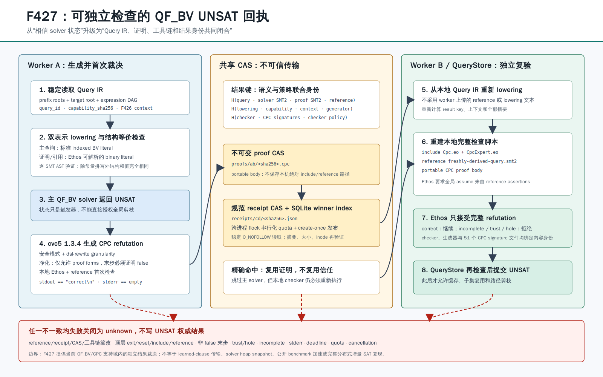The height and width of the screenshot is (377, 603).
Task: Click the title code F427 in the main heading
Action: [x=42, y=16]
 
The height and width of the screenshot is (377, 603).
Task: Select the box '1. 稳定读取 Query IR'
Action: [x=110, y=98]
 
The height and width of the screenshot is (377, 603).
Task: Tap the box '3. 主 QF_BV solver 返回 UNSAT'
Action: [x=110, y=205]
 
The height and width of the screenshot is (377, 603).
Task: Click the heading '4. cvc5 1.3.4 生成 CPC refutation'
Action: [x=91, y=244]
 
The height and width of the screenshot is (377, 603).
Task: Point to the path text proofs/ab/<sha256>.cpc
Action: [x=260, y=164]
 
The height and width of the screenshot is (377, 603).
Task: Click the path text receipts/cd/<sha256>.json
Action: [x=264, y=218]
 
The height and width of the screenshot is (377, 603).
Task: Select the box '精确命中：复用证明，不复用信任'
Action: [x=301, y=277]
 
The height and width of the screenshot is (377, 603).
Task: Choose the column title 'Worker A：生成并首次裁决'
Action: [x=75, y=65]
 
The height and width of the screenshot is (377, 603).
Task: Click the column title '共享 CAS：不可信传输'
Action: [x=259, y=65]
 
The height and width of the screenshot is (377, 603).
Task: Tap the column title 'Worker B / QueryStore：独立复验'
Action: [x=471, y=65]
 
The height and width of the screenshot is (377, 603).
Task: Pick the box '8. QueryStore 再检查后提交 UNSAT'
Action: [x=493, y=277]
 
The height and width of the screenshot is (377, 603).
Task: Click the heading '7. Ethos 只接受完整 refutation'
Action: [x=469, y=218]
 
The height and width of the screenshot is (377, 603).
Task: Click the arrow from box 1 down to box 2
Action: [x=110, y=122]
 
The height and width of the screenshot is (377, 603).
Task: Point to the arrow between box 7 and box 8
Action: [x=493, y=254]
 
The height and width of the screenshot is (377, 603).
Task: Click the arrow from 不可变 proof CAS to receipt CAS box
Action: [x=301, y=192]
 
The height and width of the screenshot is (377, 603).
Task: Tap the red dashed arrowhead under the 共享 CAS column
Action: [x=301, y=317]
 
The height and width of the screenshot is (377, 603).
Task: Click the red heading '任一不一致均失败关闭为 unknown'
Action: [x=80, y=331]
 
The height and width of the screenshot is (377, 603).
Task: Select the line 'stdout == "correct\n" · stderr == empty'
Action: [x=90, y=282]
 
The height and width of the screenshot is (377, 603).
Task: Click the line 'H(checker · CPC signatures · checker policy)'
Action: [x=289, y=117]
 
